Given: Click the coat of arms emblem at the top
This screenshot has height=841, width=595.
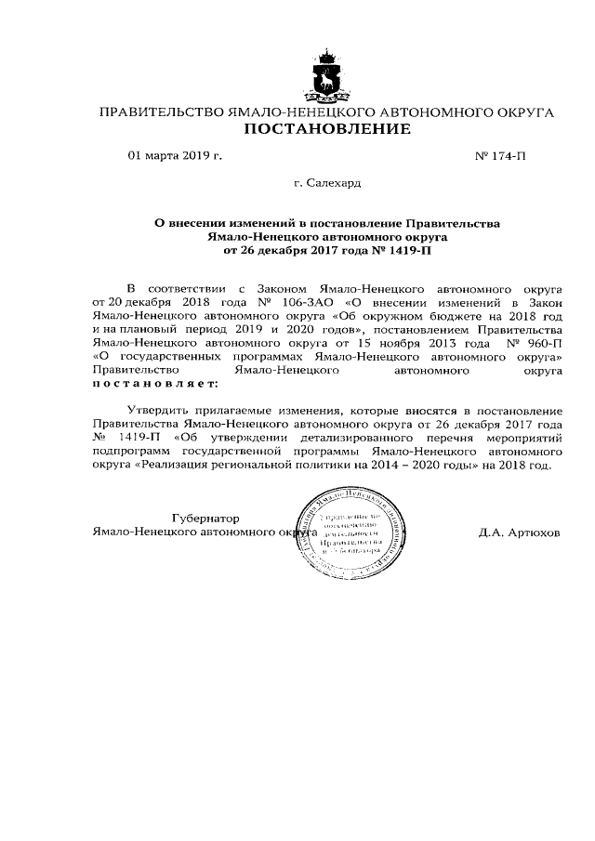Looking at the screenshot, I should pyautogui.click(x=326, y=78).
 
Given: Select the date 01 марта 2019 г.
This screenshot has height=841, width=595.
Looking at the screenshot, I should pyautogui.click(x=175, y=157).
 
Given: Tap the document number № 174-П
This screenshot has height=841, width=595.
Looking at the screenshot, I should pyautogui.click(x=500, y=157).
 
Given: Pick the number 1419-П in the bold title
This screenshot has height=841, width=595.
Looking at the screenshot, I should pyautogui.click(x=410, y=251).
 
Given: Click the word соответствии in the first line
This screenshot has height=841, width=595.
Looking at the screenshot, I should pyautogui.click(x=193, y=290).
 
